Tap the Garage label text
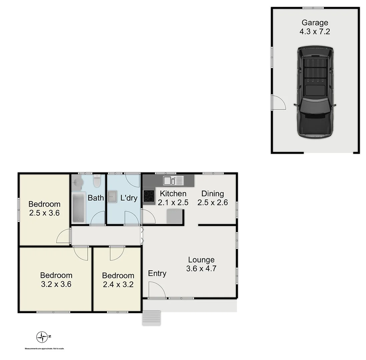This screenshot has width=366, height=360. (x=315, y=23)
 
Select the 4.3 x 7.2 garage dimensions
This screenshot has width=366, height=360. (x=315, y=32)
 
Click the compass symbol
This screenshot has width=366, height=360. (x=42, y=337)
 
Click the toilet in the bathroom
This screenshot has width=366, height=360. (x=97, y=181)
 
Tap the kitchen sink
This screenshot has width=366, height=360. (x=173, y=180)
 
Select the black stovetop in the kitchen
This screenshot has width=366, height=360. (x=149, y=196)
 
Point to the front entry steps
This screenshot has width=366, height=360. (x=152, y=318)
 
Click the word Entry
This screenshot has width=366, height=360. (x=157, y=273)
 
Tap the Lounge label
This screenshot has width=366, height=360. (x=201, y=260)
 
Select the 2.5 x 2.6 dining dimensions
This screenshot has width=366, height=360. (x=212, y=202)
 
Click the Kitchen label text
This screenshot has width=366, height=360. (x=173, y=193)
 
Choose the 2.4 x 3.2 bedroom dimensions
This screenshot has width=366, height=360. (x=118, y=284)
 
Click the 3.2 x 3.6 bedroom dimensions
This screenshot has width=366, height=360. (x=56, y=284)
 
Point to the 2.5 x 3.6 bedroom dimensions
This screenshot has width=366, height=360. (x=44, y=213)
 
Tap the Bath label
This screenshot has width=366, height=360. (x=96, y=198)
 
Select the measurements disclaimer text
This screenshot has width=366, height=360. (x=44, y=349)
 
